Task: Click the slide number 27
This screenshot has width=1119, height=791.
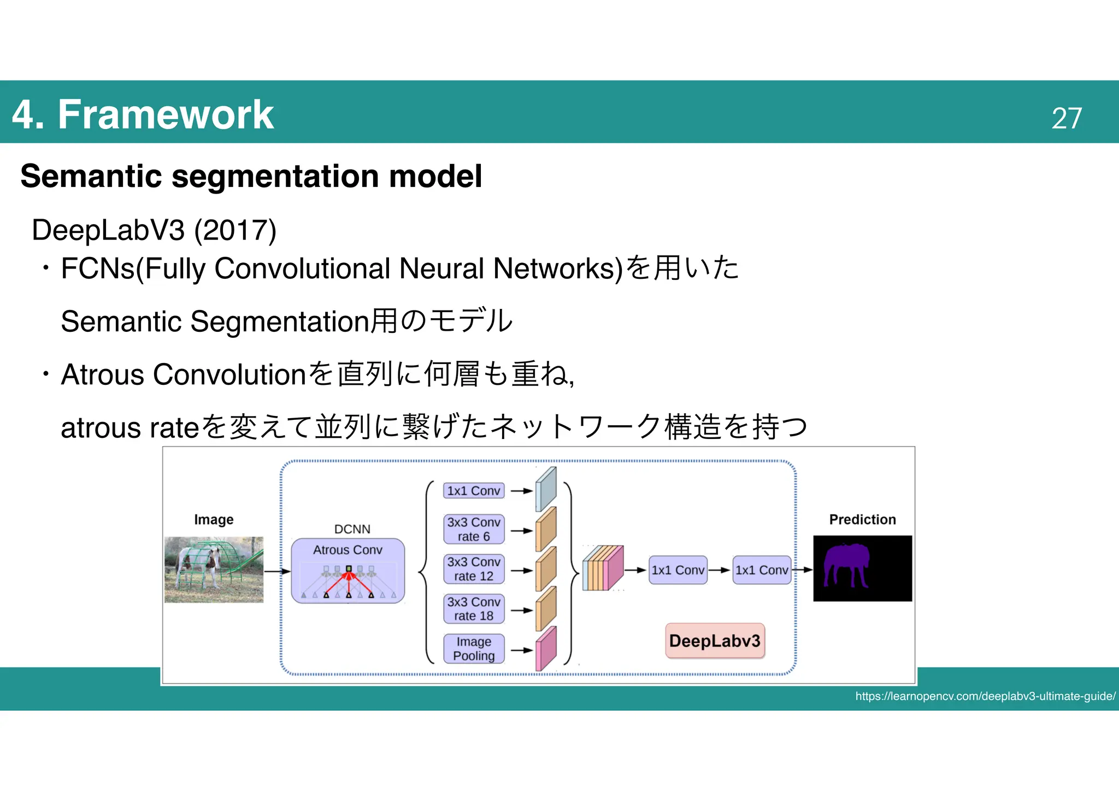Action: tap(1066, 118)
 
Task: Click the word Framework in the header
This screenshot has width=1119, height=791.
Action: tap(166, 115)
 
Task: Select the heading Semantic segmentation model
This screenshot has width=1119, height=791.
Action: tap(251, 176)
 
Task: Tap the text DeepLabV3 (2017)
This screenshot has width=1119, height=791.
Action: tap(154, 230)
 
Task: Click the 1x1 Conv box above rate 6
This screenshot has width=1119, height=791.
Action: tap(473, 491)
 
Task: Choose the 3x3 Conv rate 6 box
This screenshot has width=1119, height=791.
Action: tap(473, 529)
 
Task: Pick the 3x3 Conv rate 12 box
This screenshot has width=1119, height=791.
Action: tap(473, 569)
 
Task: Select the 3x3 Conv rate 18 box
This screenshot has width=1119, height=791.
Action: tap(473, 609)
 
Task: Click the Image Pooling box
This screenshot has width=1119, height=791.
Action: tap(473, 649)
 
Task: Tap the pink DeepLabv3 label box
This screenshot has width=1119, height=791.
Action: tap(715, 641)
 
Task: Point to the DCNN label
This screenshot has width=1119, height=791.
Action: tap(352, 529)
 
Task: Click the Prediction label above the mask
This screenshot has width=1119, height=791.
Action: tap(862, 519)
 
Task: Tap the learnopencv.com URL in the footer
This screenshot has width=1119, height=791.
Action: tap(985, 696)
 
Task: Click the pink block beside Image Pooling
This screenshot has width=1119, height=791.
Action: tap(545, 649)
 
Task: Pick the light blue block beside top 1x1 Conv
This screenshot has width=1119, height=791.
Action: tap(545, 489)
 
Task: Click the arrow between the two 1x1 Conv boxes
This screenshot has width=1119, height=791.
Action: tap(720, 570)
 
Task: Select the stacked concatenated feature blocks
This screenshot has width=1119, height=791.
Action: tap(603, 569)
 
